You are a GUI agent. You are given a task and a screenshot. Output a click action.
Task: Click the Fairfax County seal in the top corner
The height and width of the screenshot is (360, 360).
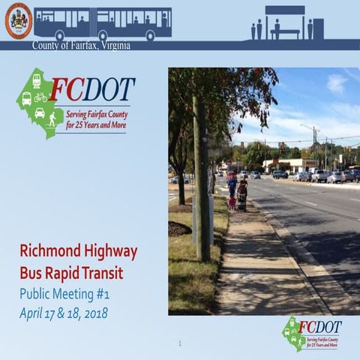pos(18,20)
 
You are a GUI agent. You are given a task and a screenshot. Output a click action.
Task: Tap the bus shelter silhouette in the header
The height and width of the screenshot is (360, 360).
pos(285,22)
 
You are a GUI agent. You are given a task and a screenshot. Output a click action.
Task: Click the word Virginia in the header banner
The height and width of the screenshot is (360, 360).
pos(112,46)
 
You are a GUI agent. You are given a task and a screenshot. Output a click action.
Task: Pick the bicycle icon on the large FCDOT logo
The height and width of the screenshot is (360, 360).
pos(40,97)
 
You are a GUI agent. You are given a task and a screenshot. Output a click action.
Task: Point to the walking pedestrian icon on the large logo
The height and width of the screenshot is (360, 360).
pos(52,118)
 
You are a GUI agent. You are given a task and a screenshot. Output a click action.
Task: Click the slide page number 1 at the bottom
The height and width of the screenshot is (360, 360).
pos(180,343)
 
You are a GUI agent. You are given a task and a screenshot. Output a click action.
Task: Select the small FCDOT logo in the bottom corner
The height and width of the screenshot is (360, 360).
pos(310,332)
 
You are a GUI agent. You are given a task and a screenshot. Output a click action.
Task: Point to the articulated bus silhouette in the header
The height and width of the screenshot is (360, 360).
pos(103,23)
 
